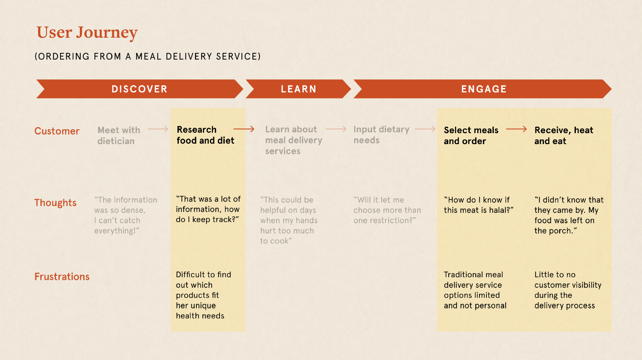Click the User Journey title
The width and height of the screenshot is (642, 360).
pyautogui.click(x=87, y=32)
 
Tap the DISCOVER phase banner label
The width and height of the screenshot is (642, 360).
pyautogui.click(x=139, y=89)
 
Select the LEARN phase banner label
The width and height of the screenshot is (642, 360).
pyautogui.click(x=298, y=89)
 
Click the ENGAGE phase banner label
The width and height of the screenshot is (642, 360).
pyautogui.click(x=483, y=89)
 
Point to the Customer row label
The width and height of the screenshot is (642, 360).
pyautogui.click(x=57, y=131)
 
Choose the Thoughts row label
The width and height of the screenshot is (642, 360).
pyautogui.click(x=55, y=203)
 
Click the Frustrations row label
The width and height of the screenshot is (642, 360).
pyautogui.click(x=62, y=277)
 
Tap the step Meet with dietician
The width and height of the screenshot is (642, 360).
pyautogui.click(x=118, y=135)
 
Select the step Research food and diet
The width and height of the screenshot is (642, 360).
pyautogui.click(x=205, y=135)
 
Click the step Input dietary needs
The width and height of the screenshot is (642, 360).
pyautogui.click(x=381, y=134)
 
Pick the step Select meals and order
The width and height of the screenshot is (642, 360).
pyautogui.click(x=471, y=135)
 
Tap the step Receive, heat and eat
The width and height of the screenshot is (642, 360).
pyautogui.click(x=563, y=135)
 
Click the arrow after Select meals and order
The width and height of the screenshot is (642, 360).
pyautogui.click(x=516, y=129)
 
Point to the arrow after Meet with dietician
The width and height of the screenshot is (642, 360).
pyautogui.click(x=158, y=129)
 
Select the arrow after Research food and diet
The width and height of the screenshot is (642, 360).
pyautogui.click(x=244, y=129)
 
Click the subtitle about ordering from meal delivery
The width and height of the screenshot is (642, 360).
pyautogui.click(x=148, y=56)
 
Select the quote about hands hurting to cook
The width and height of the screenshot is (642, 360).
pyautogui.click(x=288, y=220)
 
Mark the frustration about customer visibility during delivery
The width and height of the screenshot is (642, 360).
pyautogui.click(x=567, y=290)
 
